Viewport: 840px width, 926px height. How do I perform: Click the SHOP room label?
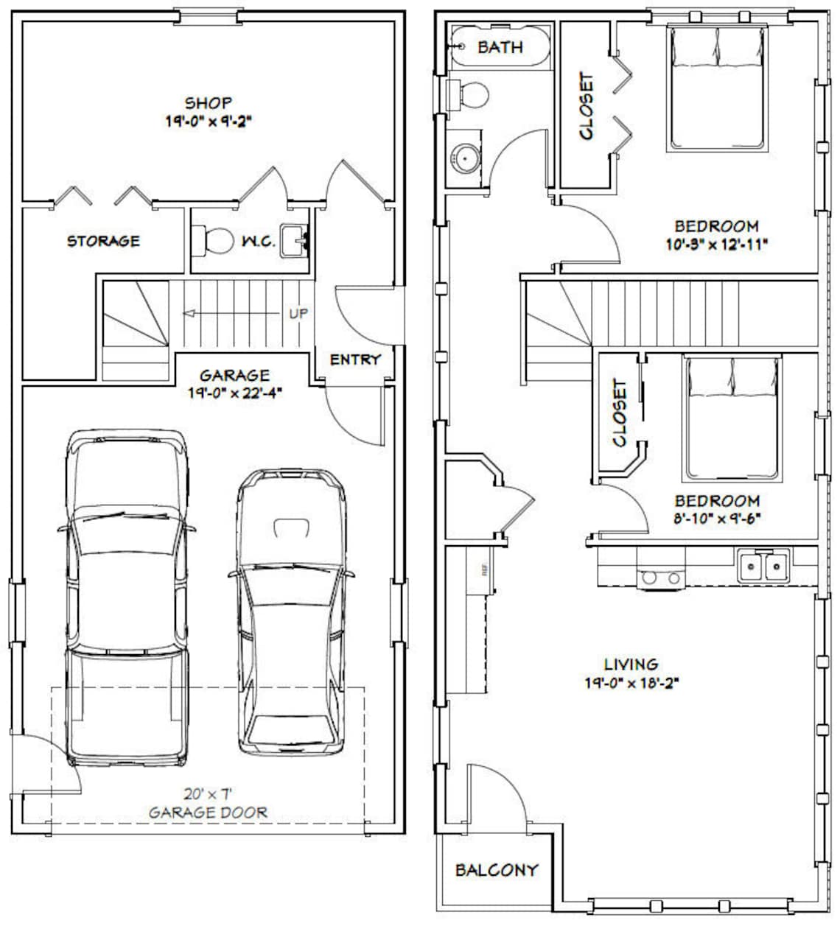tap(209, 103)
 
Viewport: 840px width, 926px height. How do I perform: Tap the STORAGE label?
tap(103, 241)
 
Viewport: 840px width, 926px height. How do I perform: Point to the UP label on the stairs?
tap(298, 314)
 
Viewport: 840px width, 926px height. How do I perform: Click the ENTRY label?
tap(355, 359)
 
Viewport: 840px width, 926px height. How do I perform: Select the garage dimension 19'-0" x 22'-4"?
tap(235, 393)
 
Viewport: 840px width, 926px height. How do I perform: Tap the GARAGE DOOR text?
tap(208, 813)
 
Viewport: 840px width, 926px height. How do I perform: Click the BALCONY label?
tap(496, 870)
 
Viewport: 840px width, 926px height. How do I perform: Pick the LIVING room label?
tap(631, 664)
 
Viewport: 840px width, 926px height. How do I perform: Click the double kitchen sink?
tap(763, 567)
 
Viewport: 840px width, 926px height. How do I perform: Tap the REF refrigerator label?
tap(485, 569)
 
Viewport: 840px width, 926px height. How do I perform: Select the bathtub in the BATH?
tap(499, 47)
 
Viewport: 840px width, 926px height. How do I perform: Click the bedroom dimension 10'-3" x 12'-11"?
tap(716, 244)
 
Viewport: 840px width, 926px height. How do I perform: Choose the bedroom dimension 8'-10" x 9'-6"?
tap(707, 518)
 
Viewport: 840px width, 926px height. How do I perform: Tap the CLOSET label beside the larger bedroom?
tap(587, 105)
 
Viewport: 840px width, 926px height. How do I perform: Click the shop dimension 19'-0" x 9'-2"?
tap(209, 121)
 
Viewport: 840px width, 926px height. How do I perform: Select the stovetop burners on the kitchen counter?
tap(661, 579)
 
